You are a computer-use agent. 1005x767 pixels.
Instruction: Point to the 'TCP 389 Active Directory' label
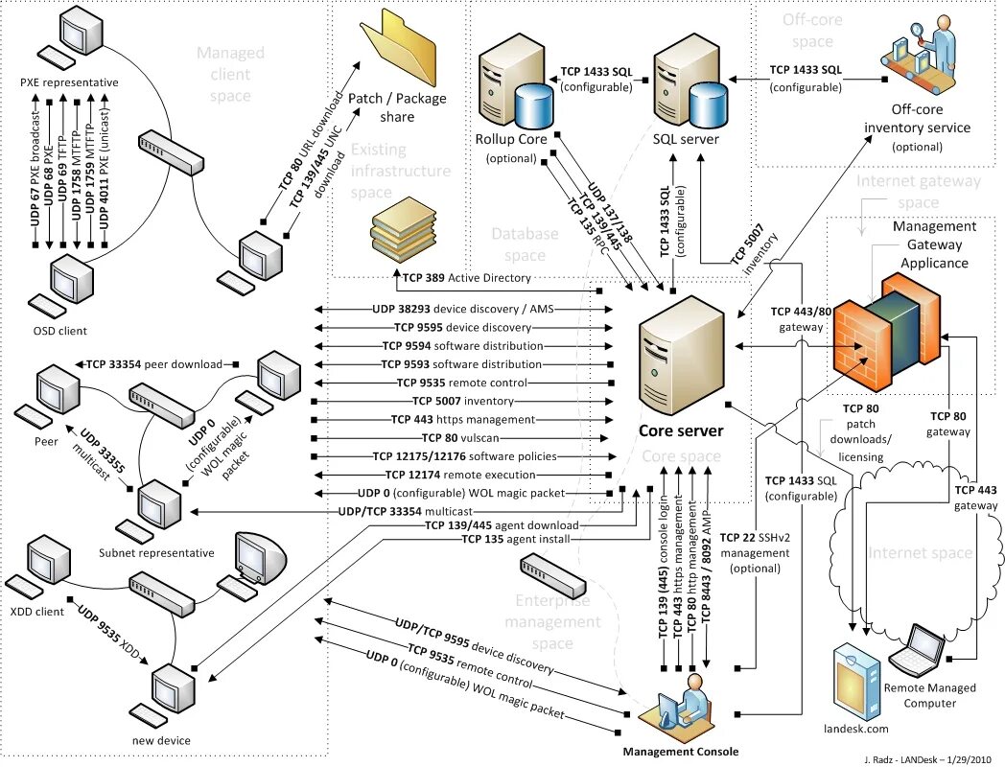(x=467, y=278)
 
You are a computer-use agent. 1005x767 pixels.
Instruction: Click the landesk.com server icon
(x=857, y=682)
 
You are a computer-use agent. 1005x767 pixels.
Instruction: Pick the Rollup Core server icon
(x=515, y=86)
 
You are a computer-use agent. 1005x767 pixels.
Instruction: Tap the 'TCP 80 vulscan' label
(x=460, y=438)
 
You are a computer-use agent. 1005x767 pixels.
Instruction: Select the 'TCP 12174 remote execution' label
(x=460, y=475)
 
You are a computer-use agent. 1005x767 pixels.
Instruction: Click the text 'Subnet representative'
(x=156, y=553)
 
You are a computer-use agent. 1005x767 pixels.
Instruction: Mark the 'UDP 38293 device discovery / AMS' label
(x=463, y=309)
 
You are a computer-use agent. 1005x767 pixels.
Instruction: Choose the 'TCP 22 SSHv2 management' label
(x=755, y=546)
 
